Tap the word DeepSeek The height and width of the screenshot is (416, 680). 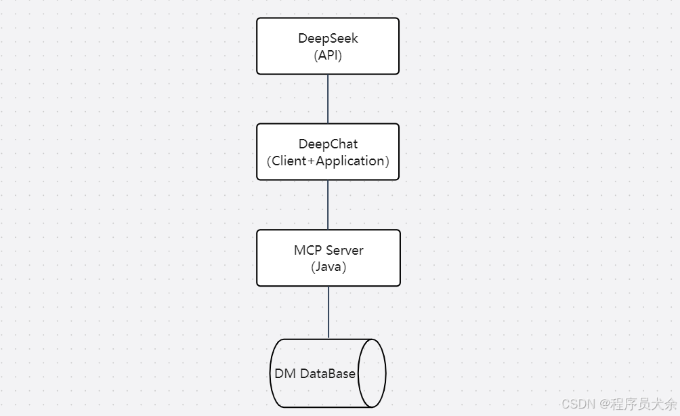point(328,39)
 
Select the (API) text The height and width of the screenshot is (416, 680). point(328,56)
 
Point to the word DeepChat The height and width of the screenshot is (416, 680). point(328,144)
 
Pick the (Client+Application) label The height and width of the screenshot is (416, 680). point(328,161)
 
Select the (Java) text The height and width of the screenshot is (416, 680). point(328,267)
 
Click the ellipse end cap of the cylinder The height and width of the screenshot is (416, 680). point(372,373)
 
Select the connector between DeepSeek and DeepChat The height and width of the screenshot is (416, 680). point(328,99)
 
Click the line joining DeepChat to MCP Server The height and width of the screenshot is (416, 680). point(328,205)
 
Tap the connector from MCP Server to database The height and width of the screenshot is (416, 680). point(328,312)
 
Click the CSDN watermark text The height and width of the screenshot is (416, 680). point(577,404)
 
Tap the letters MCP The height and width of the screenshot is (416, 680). point(307,251)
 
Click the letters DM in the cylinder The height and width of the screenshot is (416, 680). point(285,374)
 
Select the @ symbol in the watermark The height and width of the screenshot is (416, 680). point(602,404)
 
